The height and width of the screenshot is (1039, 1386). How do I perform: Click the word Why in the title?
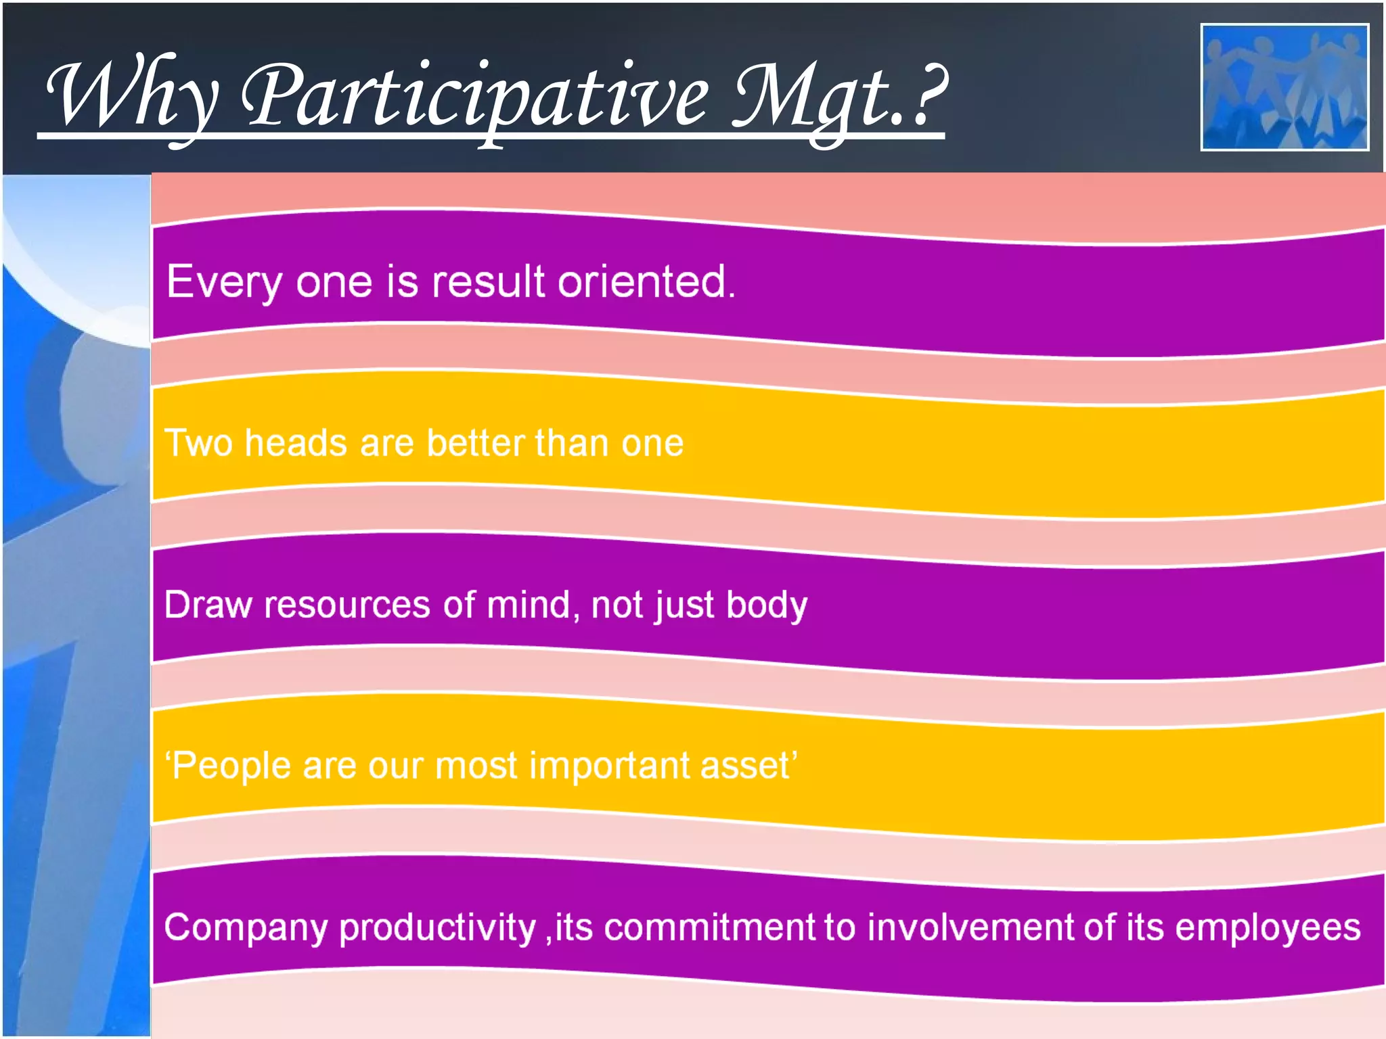(x=132, y=95)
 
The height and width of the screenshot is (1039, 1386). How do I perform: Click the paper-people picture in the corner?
(x=1284, y=87)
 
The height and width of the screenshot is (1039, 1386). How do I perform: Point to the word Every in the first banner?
(x=224, y=282)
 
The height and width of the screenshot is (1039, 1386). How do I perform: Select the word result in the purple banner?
(x=488, y=282)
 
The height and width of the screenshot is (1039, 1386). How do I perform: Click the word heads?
(x=296, y=444)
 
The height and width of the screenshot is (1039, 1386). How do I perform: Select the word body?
(x=766, y=605)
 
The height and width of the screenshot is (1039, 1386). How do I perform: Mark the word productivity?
(x=437, y=928)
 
